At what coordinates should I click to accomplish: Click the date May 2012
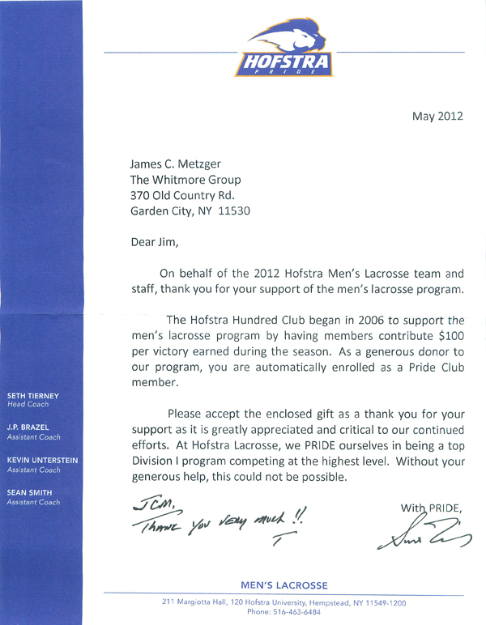coord(437,116)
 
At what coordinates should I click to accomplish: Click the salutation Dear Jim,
coord(155,240)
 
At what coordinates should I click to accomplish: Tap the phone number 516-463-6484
coord(303,613)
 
